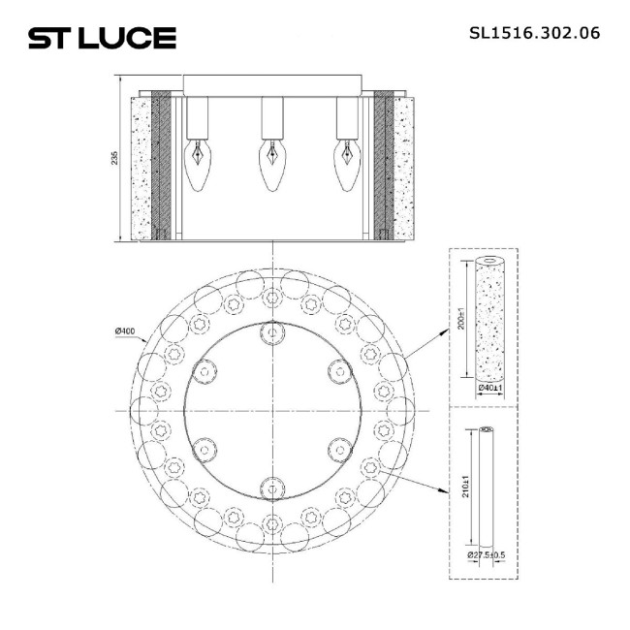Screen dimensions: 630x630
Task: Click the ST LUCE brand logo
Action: coord(101,38)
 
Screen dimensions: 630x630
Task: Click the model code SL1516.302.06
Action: coord(534,32)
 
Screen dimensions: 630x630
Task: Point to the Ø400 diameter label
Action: coord(124,332)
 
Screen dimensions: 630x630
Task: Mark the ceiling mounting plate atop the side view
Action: coord(273,83)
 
